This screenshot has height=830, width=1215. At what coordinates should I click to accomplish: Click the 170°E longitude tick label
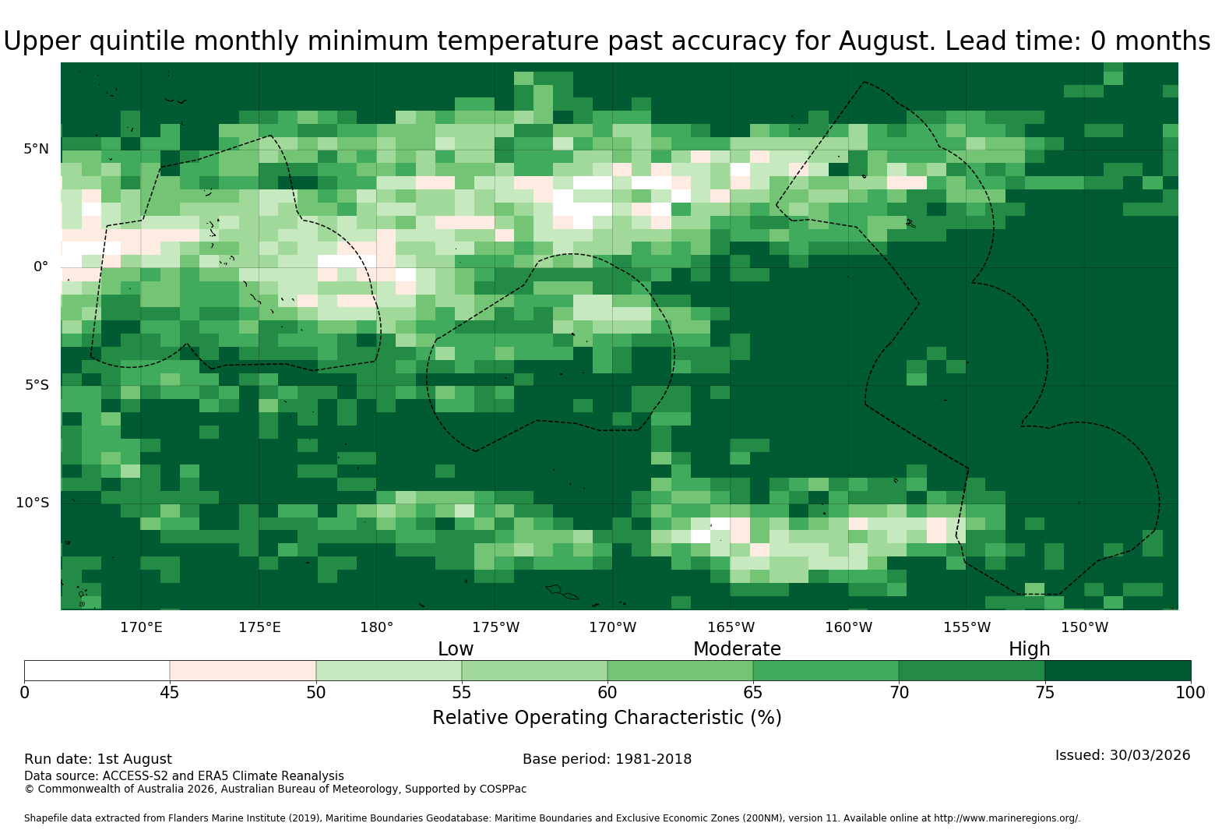[141, 627]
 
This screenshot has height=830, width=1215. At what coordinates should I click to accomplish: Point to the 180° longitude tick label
[376, 627]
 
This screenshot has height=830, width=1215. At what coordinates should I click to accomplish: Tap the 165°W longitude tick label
[731, 627]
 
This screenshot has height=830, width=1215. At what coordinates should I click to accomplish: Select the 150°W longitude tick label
[1084, 627]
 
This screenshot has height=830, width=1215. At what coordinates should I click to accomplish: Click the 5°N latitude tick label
[36, 149]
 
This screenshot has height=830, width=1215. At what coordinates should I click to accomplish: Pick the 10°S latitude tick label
[33, 503]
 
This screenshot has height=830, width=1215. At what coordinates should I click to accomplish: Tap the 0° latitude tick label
[40, 267]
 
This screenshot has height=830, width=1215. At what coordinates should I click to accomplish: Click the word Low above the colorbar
[456, 648]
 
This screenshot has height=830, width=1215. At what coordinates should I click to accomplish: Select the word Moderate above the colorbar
[737, 648]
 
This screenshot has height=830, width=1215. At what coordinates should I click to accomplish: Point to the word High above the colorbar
[1030, 648]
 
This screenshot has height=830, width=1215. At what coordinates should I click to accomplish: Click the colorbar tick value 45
[170, 693]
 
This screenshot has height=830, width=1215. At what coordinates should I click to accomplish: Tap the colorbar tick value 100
[1191, 693]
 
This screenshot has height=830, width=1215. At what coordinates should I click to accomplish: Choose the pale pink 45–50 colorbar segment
[243, 670]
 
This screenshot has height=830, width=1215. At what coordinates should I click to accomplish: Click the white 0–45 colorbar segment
[97, 670]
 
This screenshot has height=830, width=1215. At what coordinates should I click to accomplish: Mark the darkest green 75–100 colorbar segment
[1118, 670]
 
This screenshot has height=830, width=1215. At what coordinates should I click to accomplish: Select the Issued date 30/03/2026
[1150, 755]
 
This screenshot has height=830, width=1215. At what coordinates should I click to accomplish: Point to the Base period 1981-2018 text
[607, 759]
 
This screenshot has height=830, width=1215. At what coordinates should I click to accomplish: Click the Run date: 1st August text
[98, 759]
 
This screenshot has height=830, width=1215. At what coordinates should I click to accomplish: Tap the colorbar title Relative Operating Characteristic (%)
[607, 718]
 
